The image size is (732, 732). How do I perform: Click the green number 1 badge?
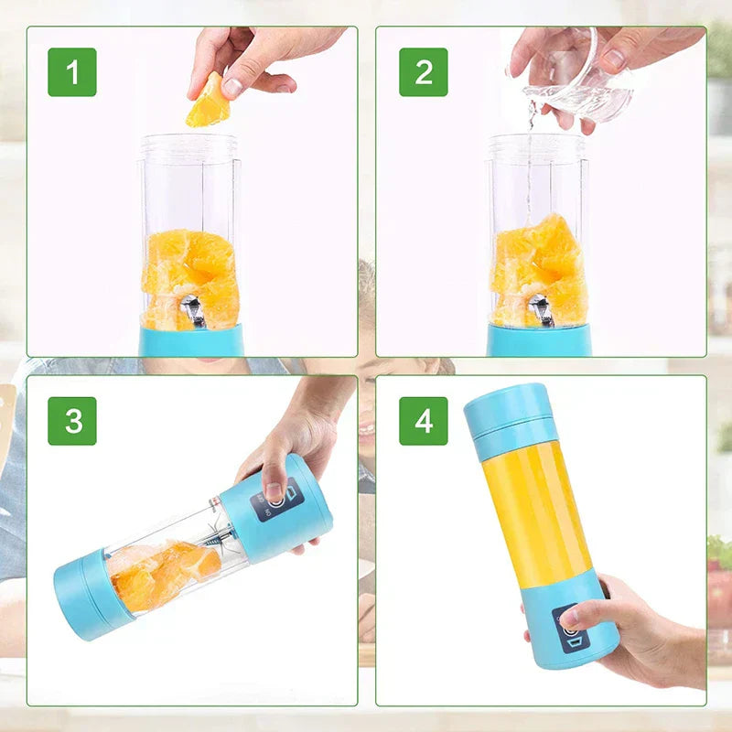[x=72, y=72]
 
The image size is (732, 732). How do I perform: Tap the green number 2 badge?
[x=423, y=72]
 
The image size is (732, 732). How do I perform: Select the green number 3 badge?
[x=72, y=421]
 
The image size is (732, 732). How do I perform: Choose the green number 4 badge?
[x=423, y=421]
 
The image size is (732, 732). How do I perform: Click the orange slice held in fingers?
[x=209, y=102]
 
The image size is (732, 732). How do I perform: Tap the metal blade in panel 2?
[x=541, y=310]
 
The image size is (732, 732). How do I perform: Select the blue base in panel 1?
[x=190, y=341]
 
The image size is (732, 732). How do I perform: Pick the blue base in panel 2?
[x=539, y=341]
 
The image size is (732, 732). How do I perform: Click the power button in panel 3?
[x=274, y=500]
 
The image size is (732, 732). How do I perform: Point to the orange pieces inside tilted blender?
[x=160, y=572]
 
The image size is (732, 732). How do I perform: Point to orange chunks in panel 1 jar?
[x=190, y=274]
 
